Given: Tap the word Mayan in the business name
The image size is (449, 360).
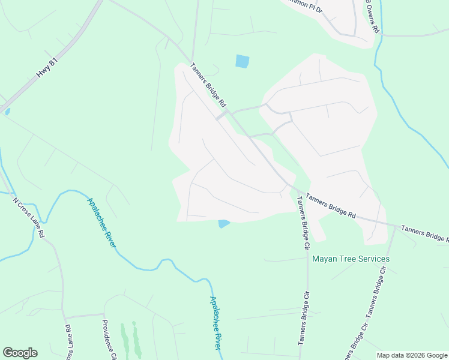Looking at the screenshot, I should (324, 259).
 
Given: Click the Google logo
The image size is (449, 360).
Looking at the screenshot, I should (20, 353).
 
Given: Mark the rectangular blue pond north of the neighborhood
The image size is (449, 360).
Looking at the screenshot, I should (242, 61).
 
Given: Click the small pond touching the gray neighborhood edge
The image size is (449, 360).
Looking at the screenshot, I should (223, 224).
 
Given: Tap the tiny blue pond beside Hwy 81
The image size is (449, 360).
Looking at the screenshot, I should (7, 111).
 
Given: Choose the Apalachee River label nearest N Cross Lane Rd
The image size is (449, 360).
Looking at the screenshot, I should (101, 223).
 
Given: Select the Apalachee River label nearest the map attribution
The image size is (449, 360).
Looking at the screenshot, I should (216, 324).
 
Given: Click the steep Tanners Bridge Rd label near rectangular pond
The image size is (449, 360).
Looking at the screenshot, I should (208, 85).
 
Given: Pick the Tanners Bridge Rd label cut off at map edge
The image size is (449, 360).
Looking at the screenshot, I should (424, 233).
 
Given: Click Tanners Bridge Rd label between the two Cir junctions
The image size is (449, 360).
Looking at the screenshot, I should (331, 205).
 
